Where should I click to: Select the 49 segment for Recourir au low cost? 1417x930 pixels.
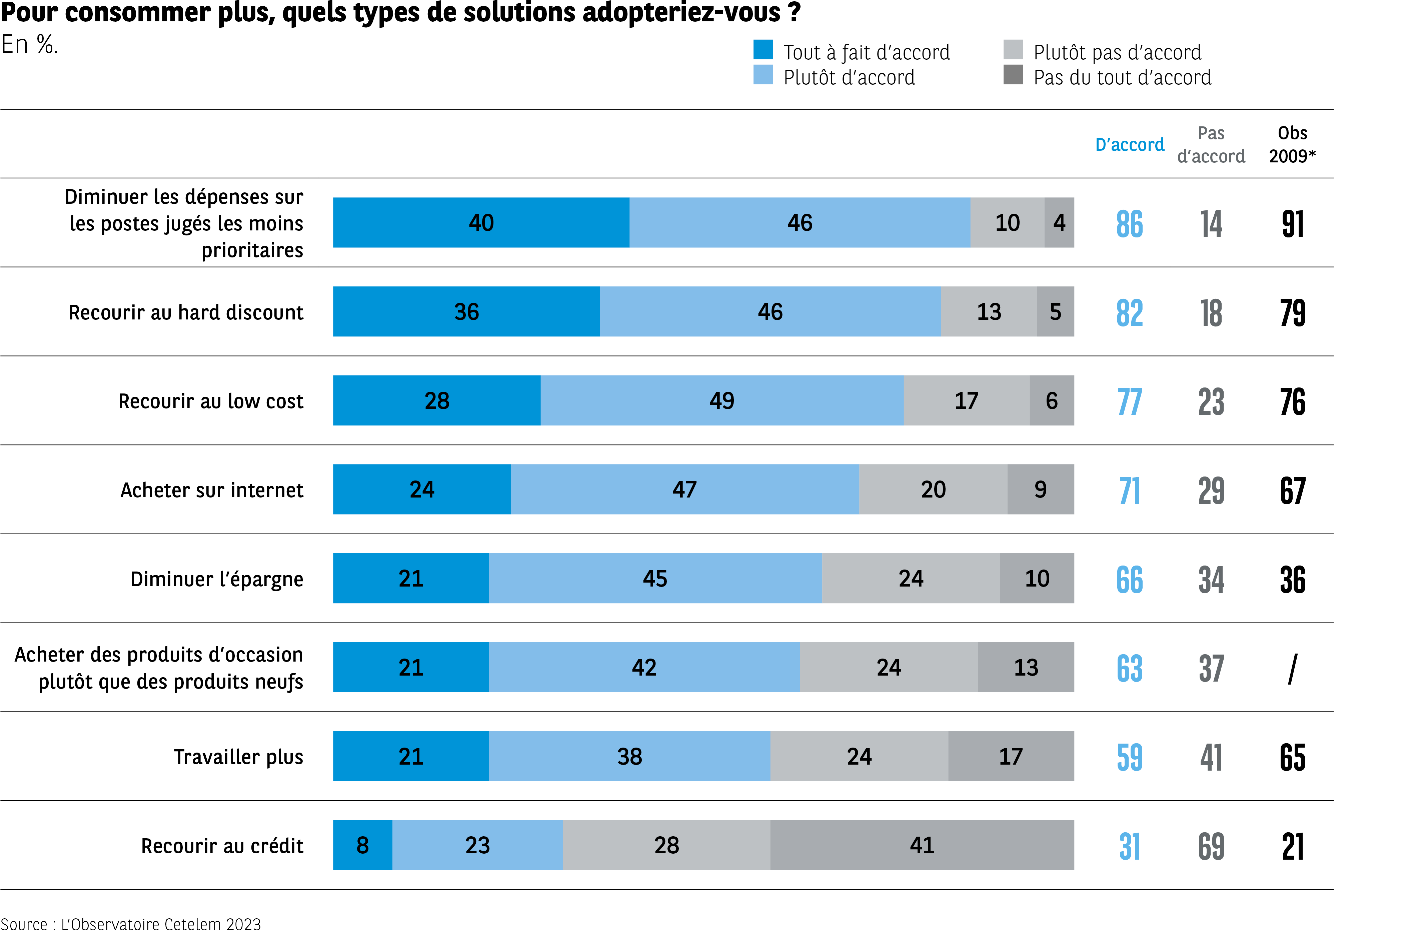[x=722, y=401]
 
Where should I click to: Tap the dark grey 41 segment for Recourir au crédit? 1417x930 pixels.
[x=922, y=845]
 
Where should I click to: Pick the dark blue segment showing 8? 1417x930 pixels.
[x=363, y=845]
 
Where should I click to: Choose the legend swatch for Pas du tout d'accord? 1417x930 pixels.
[x=1013, y=75]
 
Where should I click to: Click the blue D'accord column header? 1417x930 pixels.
[x=1130, y=145]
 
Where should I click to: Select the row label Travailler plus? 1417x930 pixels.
[x=238, y=757]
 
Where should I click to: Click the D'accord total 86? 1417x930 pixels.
[x=1130, y=224]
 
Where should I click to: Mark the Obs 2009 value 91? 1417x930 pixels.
[x=1293, y=224]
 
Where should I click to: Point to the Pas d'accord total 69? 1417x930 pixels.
[x=1211, y=846]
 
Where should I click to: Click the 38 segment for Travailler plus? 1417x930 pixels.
[x=629, y=756]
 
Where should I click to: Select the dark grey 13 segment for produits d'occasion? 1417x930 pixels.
[x=1026, y=668]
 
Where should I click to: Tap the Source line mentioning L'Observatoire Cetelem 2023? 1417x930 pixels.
[x=131, y=923]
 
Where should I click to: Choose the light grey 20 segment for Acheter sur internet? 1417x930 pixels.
[x=933, y=490]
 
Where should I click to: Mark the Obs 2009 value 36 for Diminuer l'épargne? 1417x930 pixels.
[x=1293, y=579]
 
